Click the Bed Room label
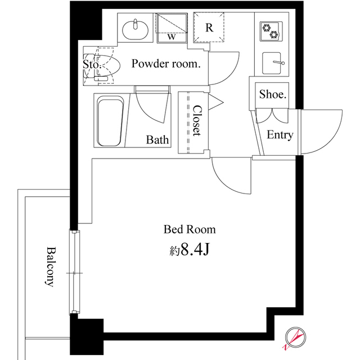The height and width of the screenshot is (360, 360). click(190, 229)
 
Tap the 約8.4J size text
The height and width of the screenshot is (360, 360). click(190, 249)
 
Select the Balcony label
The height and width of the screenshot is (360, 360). click(51, 267)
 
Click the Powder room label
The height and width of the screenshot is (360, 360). click(166, 64)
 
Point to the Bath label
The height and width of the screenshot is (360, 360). click(157, 139)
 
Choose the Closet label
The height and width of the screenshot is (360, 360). click(196, 120)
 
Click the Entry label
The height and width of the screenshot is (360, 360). click(280, 135)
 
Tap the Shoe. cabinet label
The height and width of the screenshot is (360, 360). click(273, 94)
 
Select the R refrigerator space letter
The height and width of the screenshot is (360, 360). click(209, 28)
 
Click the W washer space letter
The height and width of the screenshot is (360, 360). click(172, 37)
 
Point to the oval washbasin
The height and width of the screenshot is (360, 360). click(135, 30)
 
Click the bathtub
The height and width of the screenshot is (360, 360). click(110, 121)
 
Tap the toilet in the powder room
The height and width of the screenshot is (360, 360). click(102, 66)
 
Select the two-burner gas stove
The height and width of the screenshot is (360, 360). click(271, 31)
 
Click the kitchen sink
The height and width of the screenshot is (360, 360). click(272, 63)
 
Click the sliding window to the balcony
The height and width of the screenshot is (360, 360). click(75, 272)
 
